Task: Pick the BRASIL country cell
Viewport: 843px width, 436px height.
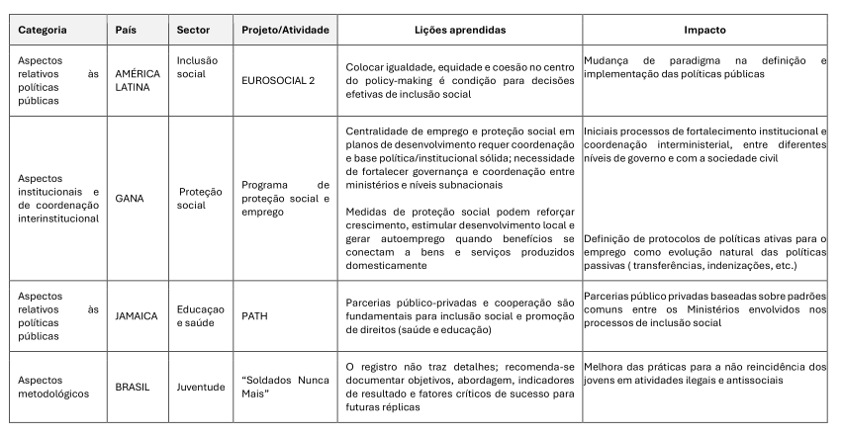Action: click(133, 387)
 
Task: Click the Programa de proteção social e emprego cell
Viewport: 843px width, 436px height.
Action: click(285, 198)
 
